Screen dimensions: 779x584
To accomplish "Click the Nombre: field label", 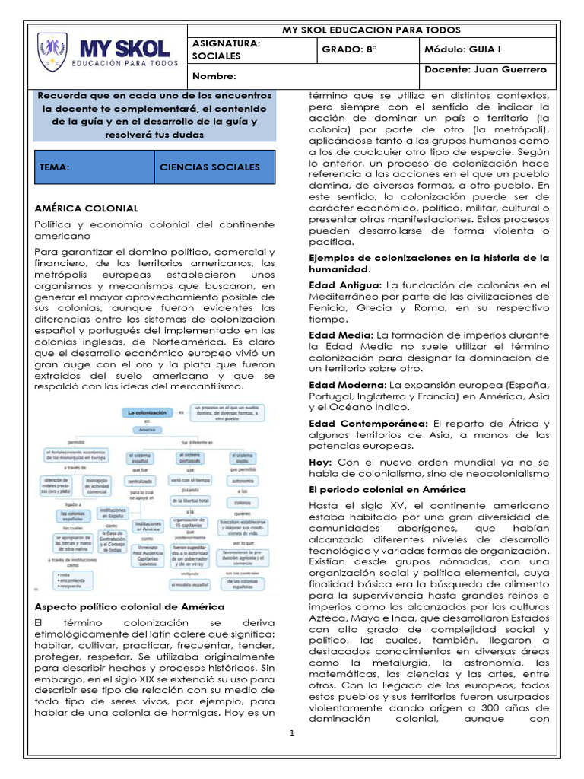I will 215,76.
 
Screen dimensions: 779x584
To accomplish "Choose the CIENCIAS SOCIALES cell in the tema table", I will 210,167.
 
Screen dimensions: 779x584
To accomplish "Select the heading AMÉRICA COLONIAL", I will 87,208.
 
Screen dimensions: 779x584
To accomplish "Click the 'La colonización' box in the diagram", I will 144,412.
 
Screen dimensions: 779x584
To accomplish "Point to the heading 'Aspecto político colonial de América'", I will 130,606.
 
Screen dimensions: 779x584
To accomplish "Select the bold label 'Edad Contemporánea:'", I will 368,423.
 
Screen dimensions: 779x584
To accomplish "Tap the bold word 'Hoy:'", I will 320,461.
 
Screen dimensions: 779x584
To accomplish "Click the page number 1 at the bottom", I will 291,733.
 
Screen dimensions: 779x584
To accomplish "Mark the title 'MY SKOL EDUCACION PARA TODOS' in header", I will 371,30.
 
